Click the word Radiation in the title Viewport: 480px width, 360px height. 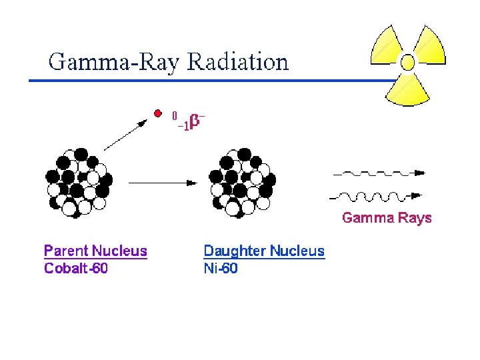click(x=238, y=62)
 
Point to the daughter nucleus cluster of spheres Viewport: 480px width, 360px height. click(x=241, y=181)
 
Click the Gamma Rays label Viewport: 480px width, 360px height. click(x=387, y=218)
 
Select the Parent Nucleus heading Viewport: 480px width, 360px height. click(x=95, y=251)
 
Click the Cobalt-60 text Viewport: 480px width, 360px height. click(x=76, y=269)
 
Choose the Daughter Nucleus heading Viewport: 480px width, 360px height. click(x=264, y=251)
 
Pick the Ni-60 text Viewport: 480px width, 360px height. click(x=220, y=269)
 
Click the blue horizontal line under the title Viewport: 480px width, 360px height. click(x=200, y=81)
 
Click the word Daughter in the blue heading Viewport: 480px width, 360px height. click(x=233, y=251)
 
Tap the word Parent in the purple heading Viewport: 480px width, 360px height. click(x=66, y=251)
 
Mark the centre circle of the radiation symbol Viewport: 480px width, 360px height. click(x=407, y=63)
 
